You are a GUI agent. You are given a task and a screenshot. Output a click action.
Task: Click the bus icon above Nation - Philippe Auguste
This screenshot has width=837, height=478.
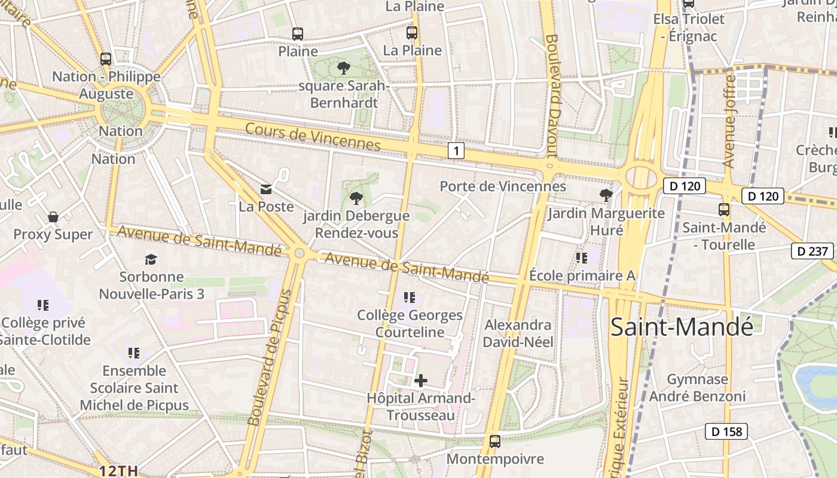[106, 59]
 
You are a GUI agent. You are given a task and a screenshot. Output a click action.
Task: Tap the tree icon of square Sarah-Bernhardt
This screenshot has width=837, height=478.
[343, 68]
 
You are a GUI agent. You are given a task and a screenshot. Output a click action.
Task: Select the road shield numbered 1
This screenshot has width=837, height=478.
[456, 151]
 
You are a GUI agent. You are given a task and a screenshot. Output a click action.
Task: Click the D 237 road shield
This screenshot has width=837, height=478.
[812, 251]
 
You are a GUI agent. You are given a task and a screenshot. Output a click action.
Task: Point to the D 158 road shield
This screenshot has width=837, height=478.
[726, 431]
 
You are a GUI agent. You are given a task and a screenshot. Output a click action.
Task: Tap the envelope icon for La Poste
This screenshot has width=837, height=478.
[266, 189]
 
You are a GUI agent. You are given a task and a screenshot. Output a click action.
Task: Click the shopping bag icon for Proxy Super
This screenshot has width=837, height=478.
[53, 216]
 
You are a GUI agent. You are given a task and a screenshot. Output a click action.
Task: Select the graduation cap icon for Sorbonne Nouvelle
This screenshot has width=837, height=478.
[151, 259]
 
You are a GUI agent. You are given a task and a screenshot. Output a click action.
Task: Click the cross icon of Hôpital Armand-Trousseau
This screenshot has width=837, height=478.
[421, 380]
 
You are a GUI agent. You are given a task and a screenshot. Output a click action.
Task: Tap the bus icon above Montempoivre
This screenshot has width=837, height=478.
[495, 441]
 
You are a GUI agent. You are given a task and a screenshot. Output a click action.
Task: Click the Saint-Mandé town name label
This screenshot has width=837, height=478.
[682, 327]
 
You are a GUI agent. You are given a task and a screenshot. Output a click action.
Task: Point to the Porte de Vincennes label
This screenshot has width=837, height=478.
[503, 186]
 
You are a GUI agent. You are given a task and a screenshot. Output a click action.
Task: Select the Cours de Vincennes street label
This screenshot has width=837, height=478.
[312, 136]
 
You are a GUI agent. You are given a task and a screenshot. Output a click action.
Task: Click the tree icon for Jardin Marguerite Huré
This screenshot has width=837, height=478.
[606, 194]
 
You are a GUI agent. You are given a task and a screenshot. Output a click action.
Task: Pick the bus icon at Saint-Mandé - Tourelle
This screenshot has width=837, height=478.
[724, 209]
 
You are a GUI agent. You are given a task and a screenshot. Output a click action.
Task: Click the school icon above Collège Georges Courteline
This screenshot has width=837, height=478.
[410, 297]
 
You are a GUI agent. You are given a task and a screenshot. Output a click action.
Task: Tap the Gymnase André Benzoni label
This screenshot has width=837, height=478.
[697, 387]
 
